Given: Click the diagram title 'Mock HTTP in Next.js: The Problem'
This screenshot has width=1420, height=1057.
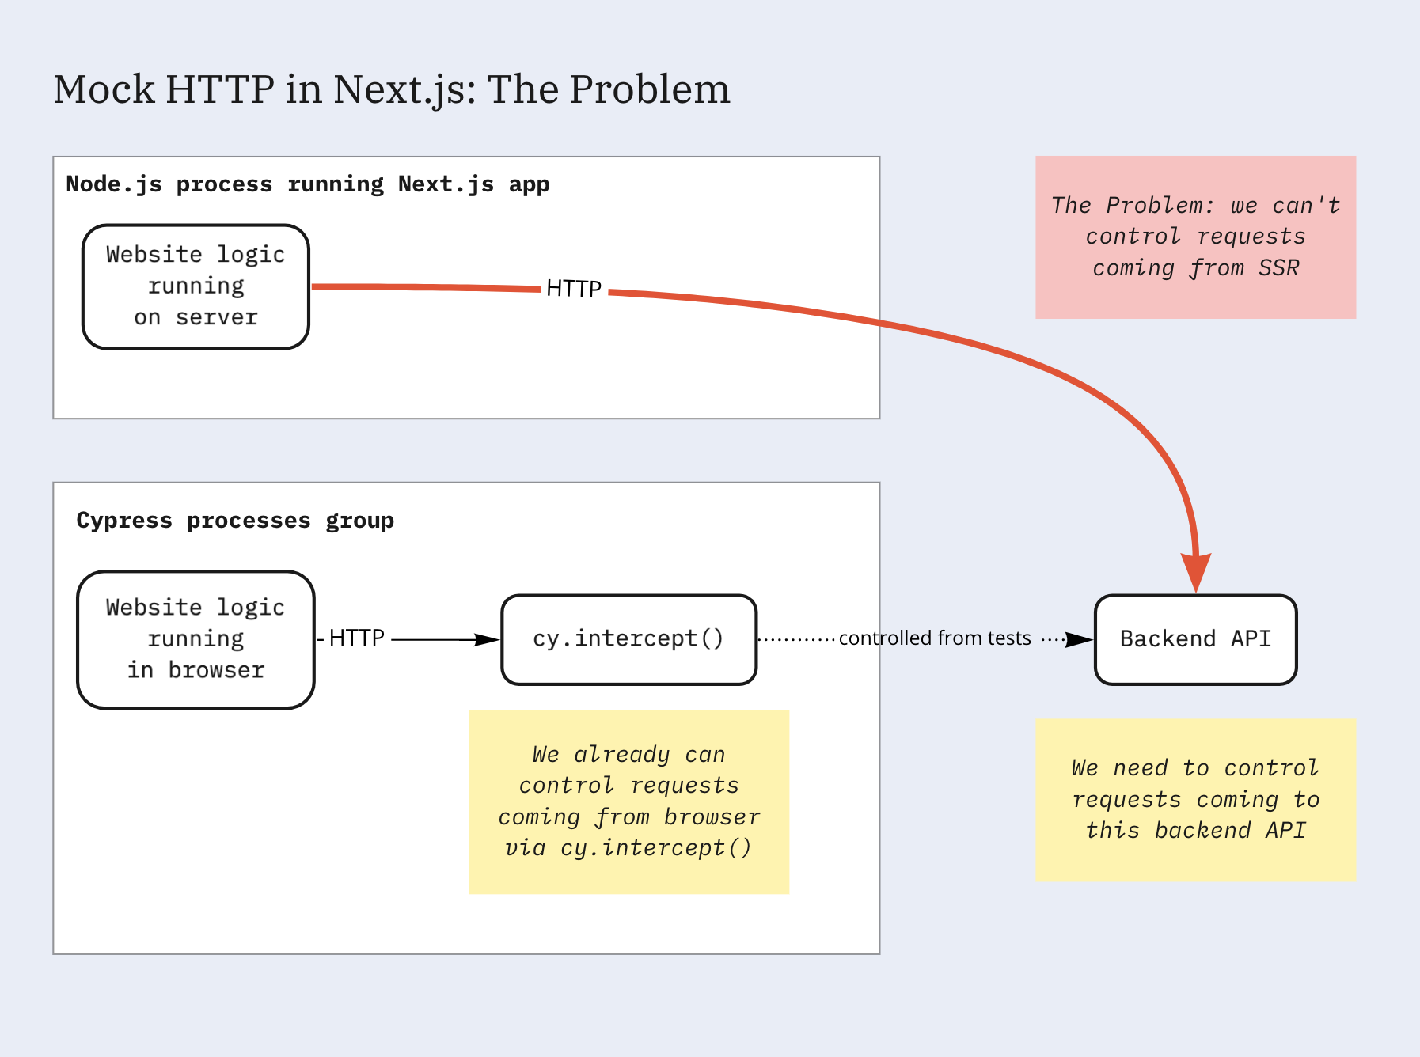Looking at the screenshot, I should coord(392,89).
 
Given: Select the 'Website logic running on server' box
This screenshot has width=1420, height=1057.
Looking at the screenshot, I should coord(196,286).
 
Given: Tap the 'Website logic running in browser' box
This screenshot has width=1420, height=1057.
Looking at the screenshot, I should coord(196,639).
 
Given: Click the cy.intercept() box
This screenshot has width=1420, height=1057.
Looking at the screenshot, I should coord(628,639).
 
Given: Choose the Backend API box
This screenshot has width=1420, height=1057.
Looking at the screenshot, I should coord(1195,639).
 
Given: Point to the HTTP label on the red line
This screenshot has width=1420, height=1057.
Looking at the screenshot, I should coord(574,289).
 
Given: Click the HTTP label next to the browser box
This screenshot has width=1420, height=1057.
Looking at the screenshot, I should coord(356,638).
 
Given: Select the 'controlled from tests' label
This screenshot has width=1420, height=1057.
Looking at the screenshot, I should coord(935,638).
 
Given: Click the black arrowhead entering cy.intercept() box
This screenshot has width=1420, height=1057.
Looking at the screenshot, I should coord(488,639).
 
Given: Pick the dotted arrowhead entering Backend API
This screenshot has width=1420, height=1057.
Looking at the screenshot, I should coord(1079,639).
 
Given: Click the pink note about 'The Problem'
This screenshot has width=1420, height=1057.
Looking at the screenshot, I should coord(1195,237).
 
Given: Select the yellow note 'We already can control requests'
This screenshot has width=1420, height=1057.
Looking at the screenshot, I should coord(628,801).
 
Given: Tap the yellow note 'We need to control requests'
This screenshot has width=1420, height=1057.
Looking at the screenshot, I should coord(1195,800).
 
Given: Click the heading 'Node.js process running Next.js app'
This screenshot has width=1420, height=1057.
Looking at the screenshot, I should coord(307,184).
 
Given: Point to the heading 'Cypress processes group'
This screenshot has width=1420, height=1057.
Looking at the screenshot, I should coord(235,521).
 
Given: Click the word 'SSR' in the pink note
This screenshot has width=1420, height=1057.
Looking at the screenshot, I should coord(1278,268).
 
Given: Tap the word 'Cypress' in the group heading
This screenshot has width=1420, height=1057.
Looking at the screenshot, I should coord(124,521).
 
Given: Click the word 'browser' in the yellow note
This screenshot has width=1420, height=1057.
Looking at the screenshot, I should coord(712,816).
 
